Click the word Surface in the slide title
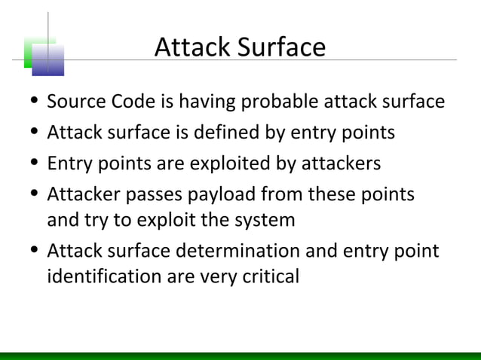tap(283, 48)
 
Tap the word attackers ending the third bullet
tap(341, 163)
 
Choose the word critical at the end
tap(269, 277)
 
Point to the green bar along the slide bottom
tap(240, 355)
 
